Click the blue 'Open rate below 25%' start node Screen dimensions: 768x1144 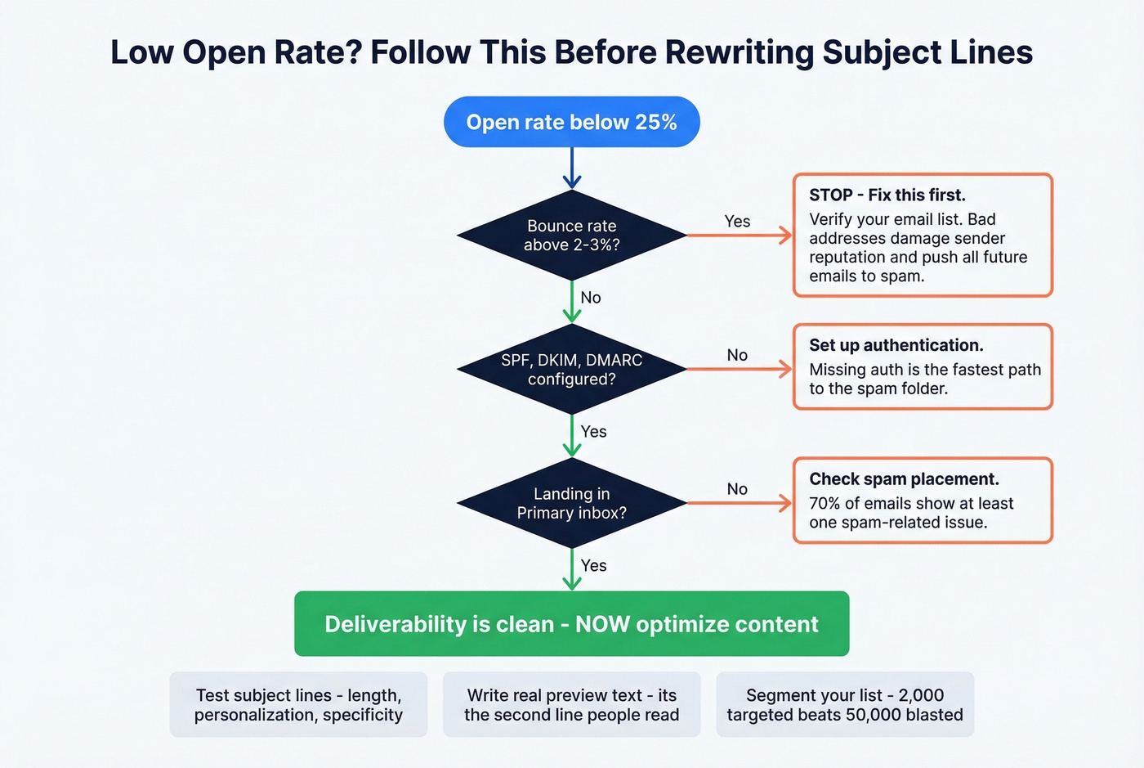coord(571,123)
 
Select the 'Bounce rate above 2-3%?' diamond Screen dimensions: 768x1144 coord(571,236)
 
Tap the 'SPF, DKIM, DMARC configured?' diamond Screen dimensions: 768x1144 coord(571,370)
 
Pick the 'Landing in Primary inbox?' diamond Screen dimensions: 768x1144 coord(571,503)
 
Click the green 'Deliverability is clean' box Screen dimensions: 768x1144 coord(571,624)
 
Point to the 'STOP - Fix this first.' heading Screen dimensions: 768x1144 coord(887,195)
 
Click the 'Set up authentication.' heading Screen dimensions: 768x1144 coord(896,345)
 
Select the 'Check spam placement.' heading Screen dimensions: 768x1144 coord(904,479)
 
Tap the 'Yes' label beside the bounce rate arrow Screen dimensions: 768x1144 coord(737,222)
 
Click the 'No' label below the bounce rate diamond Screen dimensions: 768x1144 coord(591,298)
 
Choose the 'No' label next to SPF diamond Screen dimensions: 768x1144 coord(737,355)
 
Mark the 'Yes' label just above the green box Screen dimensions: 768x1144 coord(593,566)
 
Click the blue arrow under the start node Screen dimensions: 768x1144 coord(572,168)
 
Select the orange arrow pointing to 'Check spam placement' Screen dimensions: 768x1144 coord(740,503)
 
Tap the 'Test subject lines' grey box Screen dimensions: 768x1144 coord(298,705)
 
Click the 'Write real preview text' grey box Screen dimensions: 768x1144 coord(571,705)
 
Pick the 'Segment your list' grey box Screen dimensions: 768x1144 coord(845,705)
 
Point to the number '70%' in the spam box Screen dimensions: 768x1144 coord(824,504)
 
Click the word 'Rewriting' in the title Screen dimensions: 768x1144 coord(740,52)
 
